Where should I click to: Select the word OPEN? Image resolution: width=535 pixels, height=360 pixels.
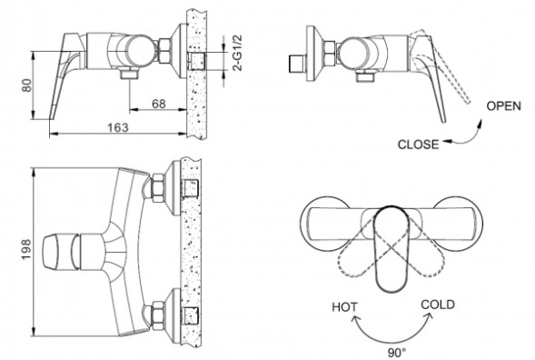[503, 105]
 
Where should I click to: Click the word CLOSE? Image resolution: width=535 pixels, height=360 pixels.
[419, 144]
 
